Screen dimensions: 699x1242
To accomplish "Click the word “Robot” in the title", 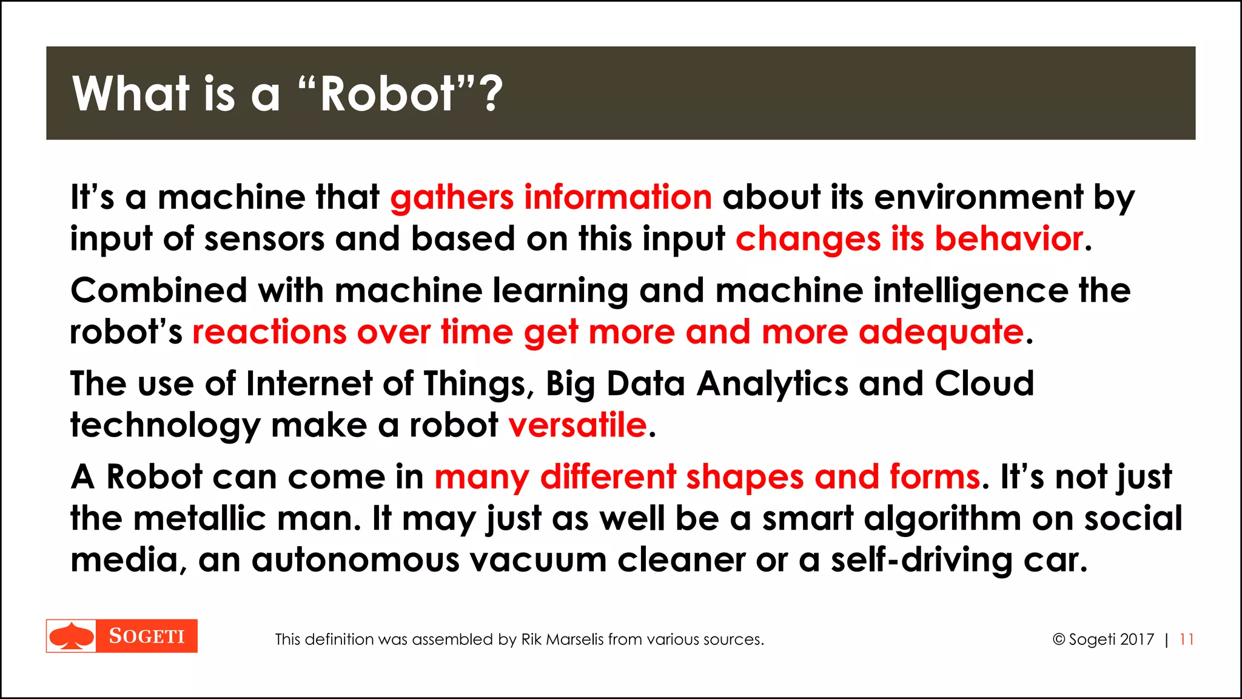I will pyautogui.click(x=387, y=94).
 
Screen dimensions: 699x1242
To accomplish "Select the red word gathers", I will pyautogui.click(x=452, y=198).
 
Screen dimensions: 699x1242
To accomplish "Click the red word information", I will pyautogui.click(x=618, y=198).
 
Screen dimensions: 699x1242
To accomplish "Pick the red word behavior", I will pyautogui.click(x=1009, y=239).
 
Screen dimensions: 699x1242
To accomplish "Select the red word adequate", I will pyautogui.click(x=941, y=333).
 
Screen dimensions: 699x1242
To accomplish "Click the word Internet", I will pyautogui.click(x=309, y=384).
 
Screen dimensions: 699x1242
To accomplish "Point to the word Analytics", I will pyautogui.click(x=772, y=384).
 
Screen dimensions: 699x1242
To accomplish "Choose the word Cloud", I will pyautogui.click(x=984, y=384).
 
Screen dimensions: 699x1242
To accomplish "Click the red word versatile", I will pyautogui.click(x=577, y=425).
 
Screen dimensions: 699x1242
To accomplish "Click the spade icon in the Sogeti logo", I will pyautogui.click(x=72, y=636).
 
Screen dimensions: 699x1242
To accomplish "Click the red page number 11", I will pyautogui.click(x=1187, y=640).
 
